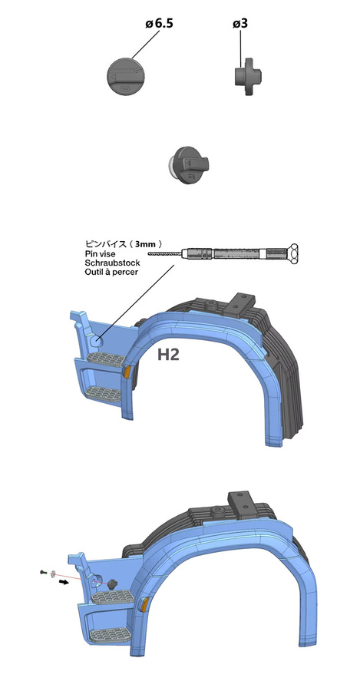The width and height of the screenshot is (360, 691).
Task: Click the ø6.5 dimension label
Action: pyautogui.click(x=159, y=23)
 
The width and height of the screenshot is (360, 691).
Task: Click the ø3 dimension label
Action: pyautogui.click(x=240, y=23)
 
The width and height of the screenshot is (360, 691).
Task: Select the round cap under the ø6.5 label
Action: pyautogui.click(x=125, y=76)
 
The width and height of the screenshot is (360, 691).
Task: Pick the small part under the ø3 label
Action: pyautogui.click(x=246, y=77)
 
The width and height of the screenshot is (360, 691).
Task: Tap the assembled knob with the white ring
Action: pyautogui.click(x=189, y=165)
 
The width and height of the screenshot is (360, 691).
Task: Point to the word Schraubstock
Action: pyautogui.click(x=112, y=263)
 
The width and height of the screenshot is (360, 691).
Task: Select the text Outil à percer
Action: pyautogui.click(x=111, y=272)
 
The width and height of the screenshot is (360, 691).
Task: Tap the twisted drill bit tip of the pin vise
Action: pyautogui.click(x=165, y=253)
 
